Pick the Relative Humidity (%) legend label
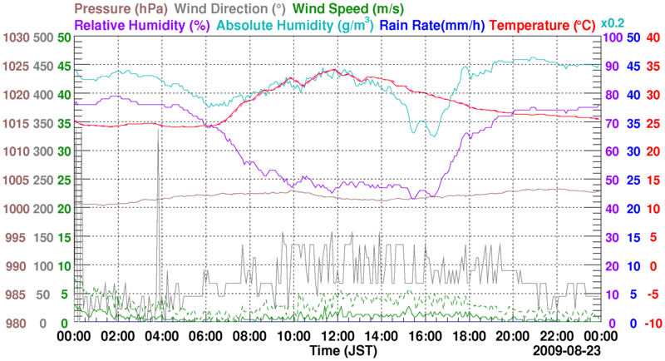point(141,25)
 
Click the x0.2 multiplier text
point(614,23)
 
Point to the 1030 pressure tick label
point(16,38)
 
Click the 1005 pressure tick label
point(16,180)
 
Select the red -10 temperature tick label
point(653,323)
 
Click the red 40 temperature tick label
point(653,38)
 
